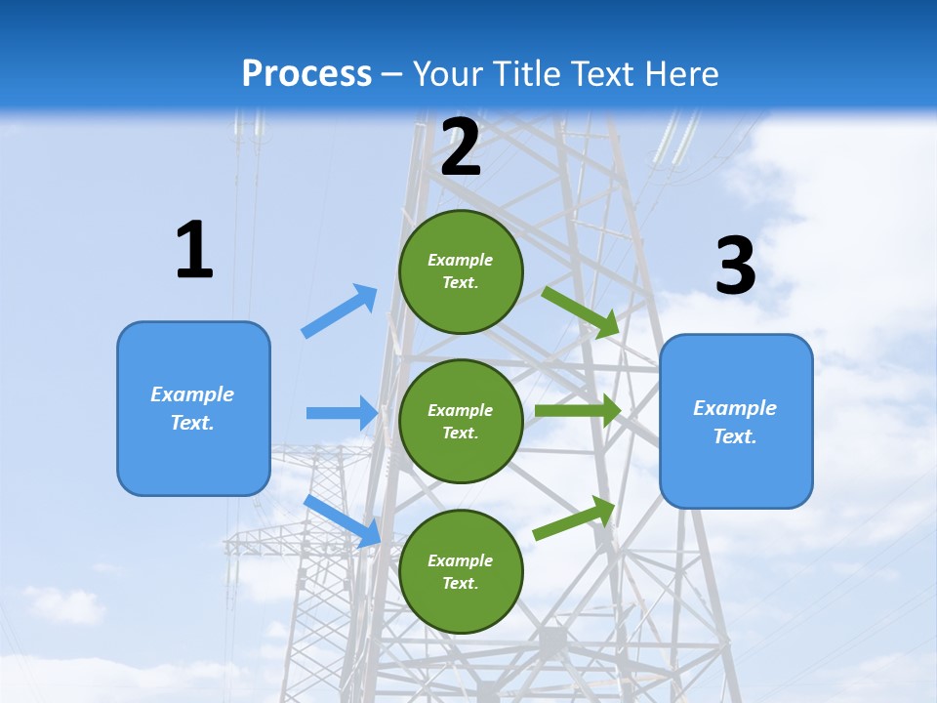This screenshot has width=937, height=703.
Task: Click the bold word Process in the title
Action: [306, 74]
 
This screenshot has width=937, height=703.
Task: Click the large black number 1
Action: [194, 251]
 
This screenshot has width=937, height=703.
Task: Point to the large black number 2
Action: [461, 147]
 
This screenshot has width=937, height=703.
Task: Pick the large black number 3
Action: [735, 267]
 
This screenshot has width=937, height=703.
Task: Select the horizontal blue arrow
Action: [342, 413]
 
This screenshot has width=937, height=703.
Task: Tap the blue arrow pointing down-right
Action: [343, 520]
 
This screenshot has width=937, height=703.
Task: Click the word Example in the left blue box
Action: [192, 394]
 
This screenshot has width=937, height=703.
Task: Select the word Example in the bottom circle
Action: [460, 560]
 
